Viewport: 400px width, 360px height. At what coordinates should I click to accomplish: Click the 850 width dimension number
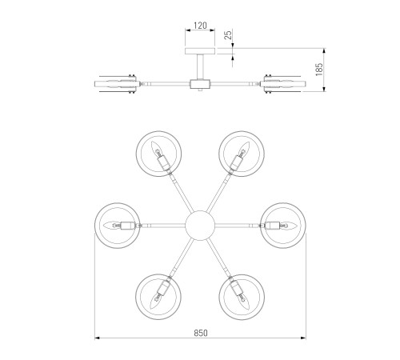click(201, 333)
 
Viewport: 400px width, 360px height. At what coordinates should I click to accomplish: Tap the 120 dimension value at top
click(200, 26)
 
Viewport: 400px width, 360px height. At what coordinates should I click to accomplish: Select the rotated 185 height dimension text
click(319, 70)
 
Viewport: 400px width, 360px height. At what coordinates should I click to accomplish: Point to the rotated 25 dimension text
click(229, 35)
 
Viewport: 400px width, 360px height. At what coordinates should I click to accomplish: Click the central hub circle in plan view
click(200, 226)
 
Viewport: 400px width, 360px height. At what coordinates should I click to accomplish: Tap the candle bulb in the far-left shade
click(112, 226)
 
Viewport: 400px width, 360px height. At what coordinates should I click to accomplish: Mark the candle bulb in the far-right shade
click(288, 226)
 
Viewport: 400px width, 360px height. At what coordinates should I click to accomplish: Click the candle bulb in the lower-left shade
click(156, 302)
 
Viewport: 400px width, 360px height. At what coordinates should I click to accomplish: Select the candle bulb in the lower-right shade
click(244, 302)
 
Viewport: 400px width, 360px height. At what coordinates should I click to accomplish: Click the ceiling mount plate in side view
click(200, 51)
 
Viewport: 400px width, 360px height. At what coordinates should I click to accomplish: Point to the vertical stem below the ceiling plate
click(200, 66)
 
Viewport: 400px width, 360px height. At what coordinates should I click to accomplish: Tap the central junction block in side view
click(200, 84)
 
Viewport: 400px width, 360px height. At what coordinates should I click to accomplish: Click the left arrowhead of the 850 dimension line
click(98, 338)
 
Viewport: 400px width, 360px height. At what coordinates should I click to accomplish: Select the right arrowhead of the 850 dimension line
click(303, 338)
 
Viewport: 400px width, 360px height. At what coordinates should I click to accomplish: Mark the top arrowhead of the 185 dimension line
click(324, 51)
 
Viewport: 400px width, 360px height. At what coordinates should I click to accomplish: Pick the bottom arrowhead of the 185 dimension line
click(324, 89)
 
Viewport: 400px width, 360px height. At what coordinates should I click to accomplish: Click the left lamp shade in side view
click(117, 84)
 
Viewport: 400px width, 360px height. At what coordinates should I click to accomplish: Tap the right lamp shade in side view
click(283, 84)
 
